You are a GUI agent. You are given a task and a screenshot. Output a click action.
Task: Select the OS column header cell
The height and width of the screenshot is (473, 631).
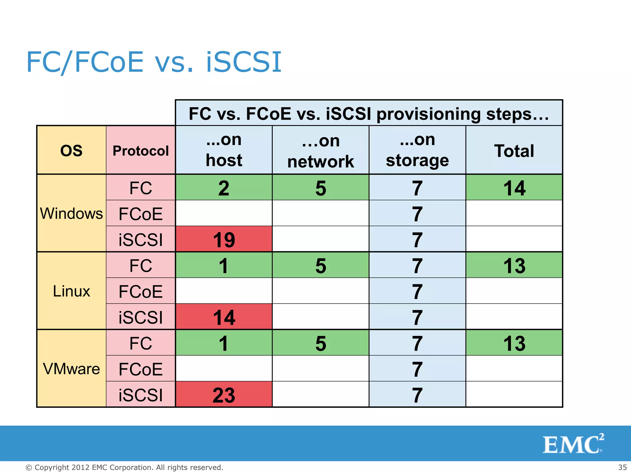coord(71,151)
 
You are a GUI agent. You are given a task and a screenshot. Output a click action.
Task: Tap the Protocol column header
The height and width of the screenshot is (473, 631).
coord(140,151)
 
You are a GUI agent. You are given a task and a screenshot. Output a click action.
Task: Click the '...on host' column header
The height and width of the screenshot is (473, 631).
coord(224,150)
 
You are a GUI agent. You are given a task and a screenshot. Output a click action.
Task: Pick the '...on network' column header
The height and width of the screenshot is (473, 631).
coord(320,151)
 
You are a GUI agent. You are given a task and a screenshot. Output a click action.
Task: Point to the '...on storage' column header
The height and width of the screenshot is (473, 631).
coord(417,150)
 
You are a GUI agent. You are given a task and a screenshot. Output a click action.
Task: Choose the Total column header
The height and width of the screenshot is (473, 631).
coord(514,151)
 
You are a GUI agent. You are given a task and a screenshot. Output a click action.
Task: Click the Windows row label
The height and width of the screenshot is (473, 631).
coord(71,213)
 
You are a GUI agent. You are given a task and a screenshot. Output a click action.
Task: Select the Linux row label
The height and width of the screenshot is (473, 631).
coord(71,291)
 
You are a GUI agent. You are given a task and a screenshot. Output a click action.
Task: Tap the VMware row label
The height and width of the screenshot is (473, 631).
coord(71,369)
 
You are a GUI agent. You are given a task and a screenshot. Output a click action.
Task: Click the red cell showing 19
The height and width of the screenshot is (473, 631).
coord(224,240)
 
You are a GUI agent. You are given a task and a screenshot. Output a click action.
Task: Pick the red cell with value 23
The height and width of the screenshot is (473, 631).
coord(224,395)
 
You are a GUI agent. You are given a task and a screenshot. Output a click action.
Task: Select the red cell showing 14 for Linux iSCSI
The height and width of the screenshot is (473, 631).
coord(224,317)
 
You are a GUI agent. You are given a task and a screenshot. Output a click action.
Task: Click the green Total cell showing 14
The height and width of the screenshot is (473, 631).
coord(514,188)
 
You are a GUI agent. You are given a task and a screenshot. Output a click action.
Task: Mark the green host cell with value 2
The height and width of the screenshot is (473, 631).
coord(224,188)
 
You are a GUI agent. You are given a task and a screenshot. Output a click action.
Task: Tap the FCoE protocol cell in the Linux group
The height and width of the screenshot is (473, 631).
coord(140,291)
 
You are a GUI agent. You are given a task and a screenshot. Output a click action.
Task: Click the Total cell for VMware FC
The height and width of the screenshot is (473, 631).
coord(514,343)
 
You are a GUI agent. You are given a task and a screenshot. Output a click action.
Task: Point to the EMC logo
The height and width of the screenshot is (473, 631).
coord(573,444)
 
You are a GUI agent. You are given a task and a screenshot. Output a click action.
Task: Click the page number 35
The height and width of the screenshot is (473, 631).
coord(622,467)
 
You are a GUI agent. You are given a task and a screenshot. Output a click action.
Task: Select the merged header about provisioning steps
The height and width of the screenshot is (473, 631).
coord(369,113)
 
